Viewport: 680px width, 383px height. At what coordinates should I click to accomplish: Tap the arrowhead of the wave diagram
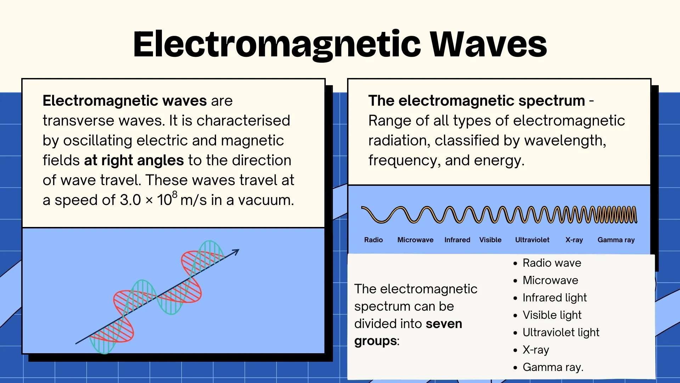[x=236, y=251]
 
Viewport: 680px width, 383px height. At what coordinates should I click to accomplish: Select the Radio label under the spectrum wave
[x=373, y=240]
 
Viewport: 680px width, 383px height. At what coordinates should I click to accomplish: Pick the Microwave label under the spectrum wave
[x=415, y=240]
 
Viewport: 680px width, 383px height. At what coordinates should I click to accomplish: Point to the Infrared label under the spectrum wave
[x=457, y=240]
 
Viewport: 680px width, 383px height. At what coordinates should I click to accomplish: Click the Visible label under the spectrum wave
[x=490, y=240]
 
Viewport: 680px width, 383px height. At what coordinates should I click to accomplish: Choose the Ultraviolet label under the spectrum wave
[x=532, y=240]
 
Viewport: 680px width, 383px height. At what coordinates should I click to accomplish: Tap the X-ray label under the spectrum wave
[x=574, y=240]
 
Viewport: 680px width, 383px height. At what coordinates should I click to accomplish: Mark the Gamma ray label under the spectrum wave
[x=616, y=240]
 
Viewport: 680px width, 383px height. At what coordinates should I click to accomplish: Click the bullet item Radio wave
[x=551, y=263]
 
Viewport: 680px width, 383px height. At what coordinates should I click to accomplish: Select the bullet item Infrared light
[x=554, y=298]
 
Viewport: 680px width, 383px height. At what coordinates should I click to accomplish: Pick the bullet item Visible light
[x=552, y=315]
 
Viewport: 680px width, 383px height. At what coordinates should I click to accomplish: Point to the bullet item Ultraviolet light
[x=561, y=333]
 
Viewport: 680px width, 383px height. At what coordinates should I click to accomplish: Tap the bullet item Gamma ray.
[x=552, y=367]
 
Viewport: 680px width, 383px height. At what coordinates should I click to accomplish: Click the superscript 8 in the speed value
[x=175, y=194]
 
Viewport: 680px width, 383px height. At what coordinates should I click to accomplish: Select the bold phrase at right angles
[x=134, y=161]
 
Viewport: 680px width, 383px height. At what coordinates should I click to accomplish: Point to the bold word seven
[x=444, y=324]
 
